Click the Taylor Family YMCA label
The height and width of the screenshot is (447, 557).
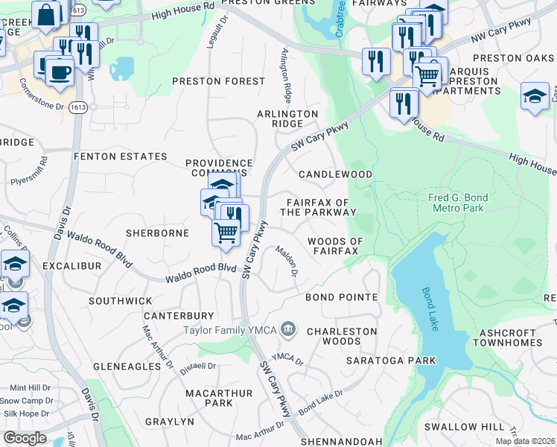tap(230, 329)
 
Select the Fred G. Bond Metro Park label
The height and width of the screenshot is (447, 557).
tap(458, 203)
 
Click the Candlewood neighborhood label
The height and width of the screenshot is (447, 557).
tap(335, 174)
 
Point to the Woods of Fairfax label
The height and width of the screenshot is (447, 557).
tap(335, 247)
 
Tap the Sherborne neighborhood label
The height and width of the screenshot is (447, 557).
tap(157, 233)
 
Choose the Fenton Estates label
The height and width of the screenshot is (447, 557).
tap(120, 156)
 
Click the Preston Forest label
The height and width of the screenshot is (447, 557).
tap(219, 80)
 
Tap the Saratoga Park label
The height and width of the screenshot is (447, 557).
tap(391, 361)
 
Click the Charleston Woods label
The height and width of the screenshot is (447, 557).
tap(342, 336)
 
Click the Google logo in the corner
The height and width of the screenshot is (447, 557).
tap(25, 438)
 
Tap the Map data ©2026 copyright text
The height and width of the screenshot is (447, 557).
tap(524, 441)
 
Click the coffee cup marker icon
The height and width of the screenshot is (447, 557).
tap(59, 72)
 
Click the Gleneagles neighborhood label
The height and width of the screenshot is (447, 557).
tap(127, 367)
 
